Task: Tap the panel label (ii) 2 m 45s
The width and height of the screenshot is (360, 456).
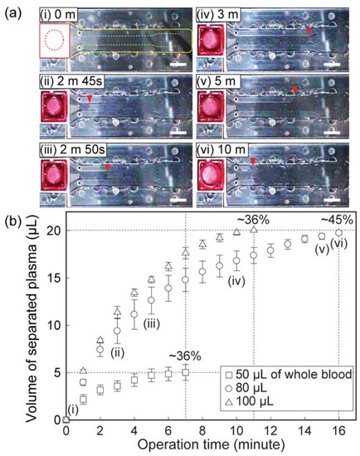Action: [70, 80]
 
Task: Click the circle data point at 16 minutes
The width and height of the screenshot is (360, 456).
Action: [338, 233]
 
